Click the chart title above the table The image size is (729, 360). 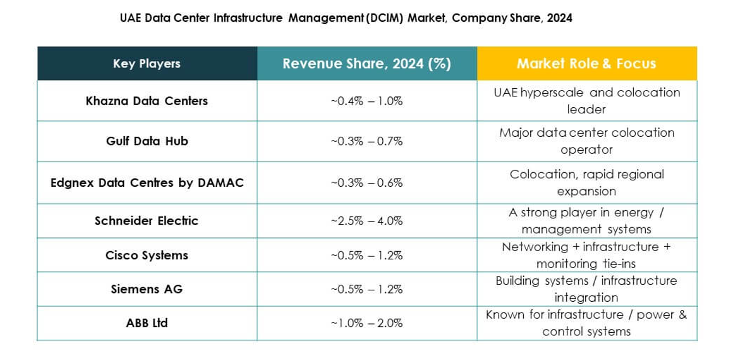346,18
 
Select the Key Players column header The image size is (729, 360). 146,64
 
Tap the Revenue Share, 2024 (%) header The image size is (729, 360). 366,64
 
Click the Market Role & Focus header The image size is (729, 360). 586,64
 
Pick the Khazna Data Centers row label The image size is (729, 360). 146,101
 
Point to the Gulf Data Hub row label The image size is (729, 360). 146,141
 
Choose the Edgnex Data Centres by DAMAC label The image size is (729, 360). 146,182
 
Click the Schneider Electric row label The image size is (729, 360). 146,221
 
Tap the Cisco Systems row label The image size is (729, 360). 146,255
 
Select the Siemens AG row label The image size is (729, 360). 146,289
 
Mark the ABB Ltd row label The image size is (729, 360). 146,323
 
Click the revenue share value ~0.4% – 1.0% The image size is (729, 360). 366,101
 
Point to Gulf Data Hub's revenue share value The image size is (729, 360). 366,141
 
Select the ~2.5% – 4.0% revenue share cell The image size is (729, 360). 366,221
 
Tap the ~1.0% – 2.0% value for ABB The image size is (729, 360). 366,323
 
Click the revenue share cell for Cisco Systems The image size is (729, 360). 366,255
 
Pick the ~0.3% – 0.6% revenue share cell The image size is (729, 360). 366,182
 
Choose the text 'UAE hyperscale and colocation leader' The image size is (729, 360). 586,101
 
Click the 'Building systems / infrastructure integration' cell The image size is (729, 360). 586,289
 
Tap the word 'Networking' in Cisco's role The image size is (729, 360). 527,247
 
